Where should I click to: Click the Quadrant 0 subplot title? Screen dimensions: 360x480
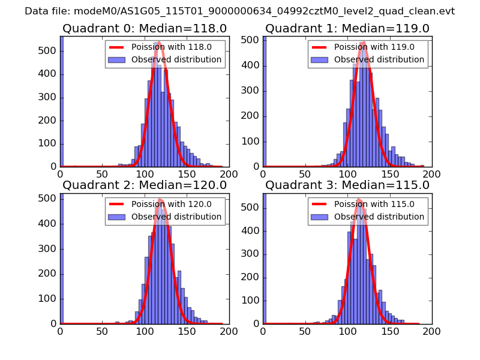[145, 29]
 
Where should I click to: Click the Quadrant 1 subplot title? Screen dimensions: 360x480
[347, 29]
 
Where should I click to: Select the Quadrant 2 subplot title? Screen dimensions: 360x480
[145, 185]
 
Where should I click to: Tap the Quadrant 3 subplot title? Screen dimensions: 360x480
[347, 185]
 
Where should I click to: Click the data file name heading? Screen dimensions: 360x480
[240, 11]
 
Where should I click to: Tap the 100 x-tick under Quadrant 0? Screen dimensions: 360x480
[145, 174]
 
